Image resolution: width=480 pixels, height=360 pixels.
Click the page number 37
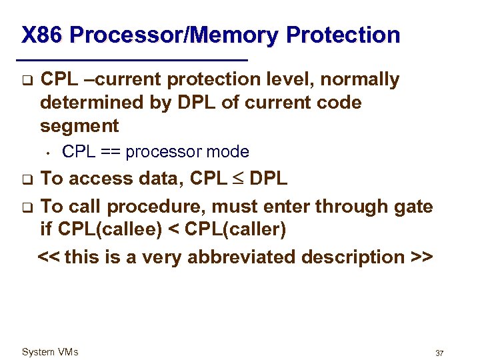pyautogui.click(x=439, y=353)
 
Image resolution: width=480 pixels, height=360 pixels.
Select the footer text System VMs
pyautogui.click(x=50, y=352)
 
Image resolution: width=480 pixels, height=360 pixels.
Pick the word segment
pyautogui.click(x=79, y=126)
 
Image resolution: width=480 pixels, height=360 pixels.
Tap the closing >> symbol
pyautogui.click(x=423, y=257)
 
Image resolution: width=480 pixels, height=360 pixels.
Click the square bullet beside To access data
pyautogui.click(x=25, y=179)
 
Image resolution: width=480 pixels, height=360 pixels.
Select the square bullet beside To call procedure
pyautogui.click(x=25, y=207)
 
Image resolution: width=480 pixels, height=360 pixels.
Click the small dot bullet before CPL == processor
pyautogui.click(x=49, y=153)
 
